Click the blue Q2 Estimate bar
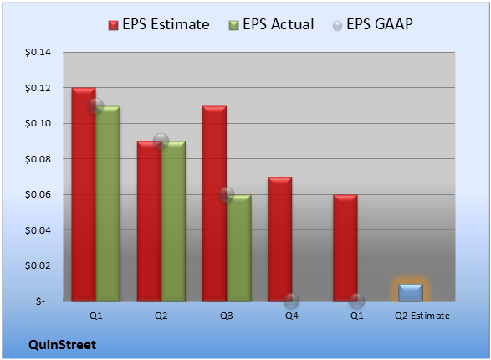pos(411,293)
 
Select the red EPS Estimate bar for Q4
pos(280,239)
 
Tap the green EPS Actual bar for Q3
pos(239,248)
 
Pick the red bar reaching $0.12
pos(84,194)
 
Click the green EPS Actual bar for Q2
pos(173,221)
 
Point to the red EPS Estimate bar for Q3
pos(214,203)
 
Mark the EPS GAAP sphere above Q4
pos(292,301)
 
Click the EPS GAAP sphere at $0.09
pos(161,141)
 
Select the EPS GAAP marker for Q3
pos(227,194)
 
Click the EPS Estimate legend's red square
pos(114,25)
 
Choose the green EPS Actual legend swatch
pos(233,25)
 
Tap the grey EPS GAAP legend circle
pos(337,26)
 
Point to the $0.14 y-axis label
pos(38,52)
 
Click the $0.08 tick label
pos(38,159)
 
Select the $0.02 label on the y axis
pos(38,265)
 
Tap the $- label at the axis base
pos(40,301)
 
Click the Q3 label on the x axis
pos(227,316)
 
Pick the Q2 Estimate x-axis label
pos(422,316)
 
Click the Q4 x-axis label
pos(292,316)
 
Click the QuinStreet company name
pos(62,345)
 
